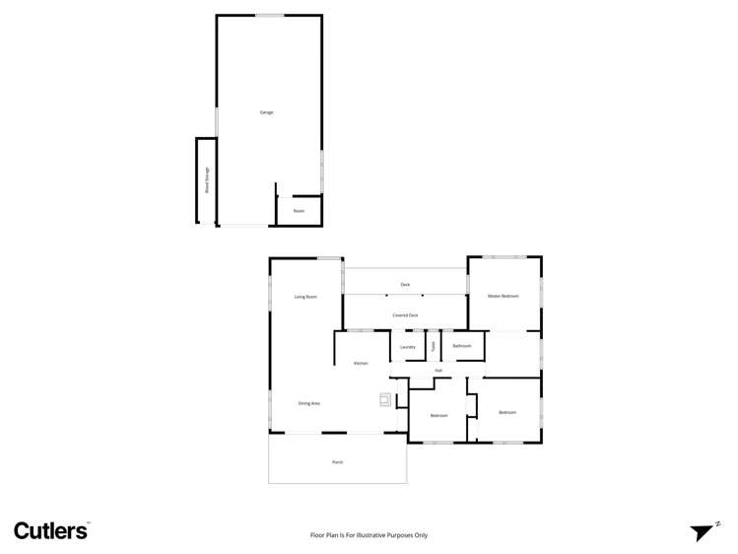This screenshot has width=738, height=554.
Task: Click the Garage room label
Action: coord(266,112)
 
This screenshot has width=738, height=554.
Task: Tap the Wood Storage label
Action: coord(207,180)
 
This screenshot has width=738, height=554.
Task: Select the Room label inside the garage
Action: coord(299,211)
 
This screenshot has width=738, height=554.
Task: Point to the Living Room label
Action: coord(305,297)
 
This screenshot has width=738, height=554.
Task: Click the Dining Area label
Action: coord(309,403)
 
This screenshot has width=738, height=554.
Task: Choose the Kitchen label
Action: coord(361,364)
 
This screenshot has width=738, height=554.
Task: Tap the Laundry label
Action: coord(408,347)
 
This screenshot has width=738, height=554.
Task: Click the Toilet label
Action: coord(433,346)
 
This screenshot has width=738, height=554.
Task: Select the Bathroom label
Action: coord(462,346)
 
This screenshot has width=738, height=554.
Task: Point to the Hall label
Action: coord(438,371)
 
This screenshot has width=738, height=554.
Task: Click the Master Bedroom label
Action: coord(503,296)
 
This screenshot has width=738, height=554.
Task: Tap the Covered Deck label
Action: coord(405,315)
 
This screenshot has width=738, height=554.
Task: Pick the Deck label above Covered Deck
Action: coord(405,285)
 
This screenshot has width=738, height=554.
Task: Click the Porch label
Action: coord(337,461)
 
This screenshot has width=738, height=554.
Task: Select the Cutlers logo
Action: coord(50,530)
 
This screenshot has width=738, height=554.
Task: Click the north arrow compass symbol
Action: coord(704,531)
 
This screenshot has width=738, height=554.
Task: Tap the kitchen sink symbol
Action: coord(385,399)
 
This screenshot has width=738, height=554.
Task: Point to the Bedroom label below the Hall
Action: coord(438,415)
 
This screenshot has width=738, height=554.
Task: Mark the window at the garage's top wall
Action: coord(269,15)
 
